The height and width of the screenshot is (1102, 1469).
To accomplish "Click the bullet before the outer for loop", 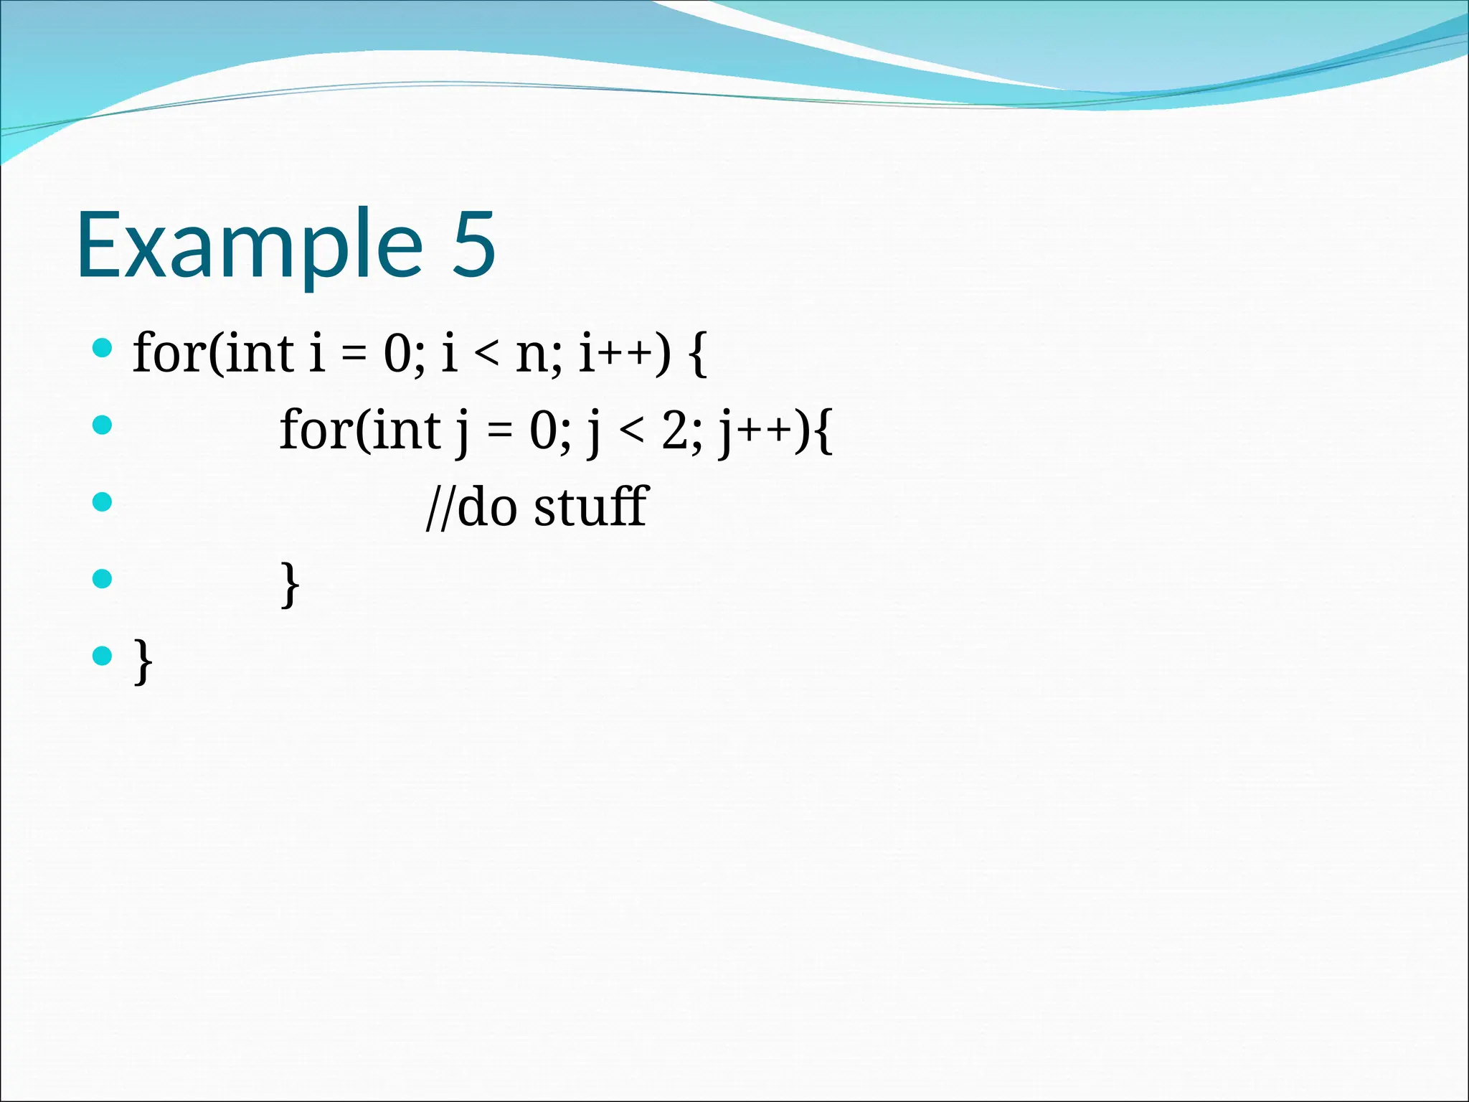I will coord(103,349).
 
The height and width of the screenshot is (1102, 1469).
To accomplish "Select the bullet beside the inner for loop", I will coord(103,425).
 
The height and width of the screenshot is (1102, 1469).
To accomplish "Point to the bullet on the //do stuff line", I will coord(103,501).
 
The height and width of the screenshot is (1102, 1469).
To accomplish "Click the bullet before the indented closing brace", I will coord(103,578).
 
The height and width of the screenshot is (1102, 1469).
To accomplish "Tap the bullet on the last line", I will coord(103,655).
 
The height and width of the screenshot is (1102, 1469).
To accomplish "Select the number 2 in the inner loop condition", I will coord(675,431).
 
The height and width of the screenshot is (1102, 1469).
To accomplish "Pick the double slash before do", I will coord(440,508).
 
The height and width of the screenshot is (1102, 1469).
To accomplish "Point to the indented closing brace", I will coord(289,585).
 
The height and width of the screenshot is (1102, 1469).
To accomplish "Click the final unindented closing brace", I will coord(143,661).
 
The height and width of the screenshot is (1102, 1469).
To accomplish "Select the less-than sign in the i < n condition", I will coord(487,355).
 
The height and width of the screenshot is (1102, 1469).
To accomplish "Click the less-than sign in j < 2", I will coord(632,432).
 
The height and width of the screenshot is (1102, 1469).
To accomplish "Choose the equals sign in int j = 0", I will coord(499,432).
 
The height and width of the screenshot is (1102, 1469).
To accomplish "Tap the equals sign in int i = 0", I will coord(354,355).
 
